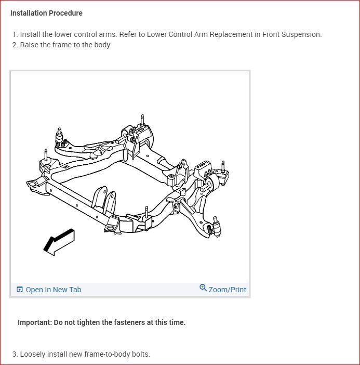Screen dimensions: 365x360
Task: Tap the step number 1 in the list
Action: click(x=15, y=34)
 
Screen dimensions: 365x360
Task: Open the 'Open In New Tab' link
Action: click(x=54, y=290)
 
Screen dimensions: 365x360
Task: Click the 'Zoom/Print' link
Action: click(x=228, y=290)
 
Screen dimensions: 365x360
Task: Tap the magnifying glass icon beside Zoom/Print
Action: click(x=203, y=288)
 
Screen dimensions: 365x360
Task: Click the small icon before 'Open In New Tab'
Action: click(x=20, y=290)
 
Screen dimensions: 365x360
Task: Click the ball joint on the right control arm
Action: click(x=216, y=227)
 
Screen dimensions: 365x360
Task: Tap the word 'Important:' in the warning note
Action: click(x=34, y=322)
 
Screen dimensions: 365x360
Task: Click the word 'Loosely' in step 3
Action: click(x=33, y=354)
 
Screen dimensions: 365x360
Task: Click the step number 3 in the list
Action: click(x=15, y=354)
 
